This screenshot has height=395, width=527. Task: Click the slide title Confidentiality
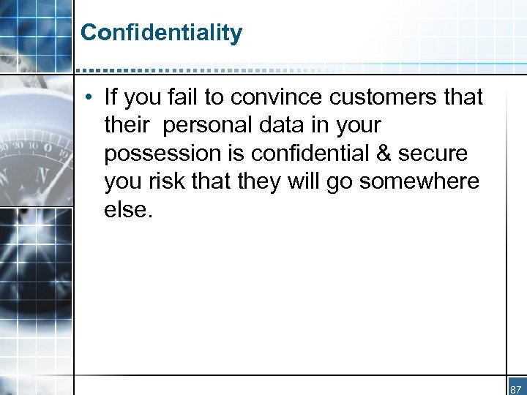(x=161, y=33)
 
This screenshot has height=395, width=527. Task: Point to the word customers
(x=366, y=97)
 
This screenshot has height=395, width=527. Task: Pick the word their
(x=127, y=125)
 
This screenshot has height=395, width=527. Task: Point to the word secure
(x=438, y=154)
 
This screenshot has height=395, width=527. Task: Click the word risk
(x=175, y=181)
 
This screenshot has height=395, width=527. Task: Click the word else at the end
(x=126, y=210)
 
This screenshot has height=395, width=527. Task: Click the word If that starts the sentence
(x=111, y=97)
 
